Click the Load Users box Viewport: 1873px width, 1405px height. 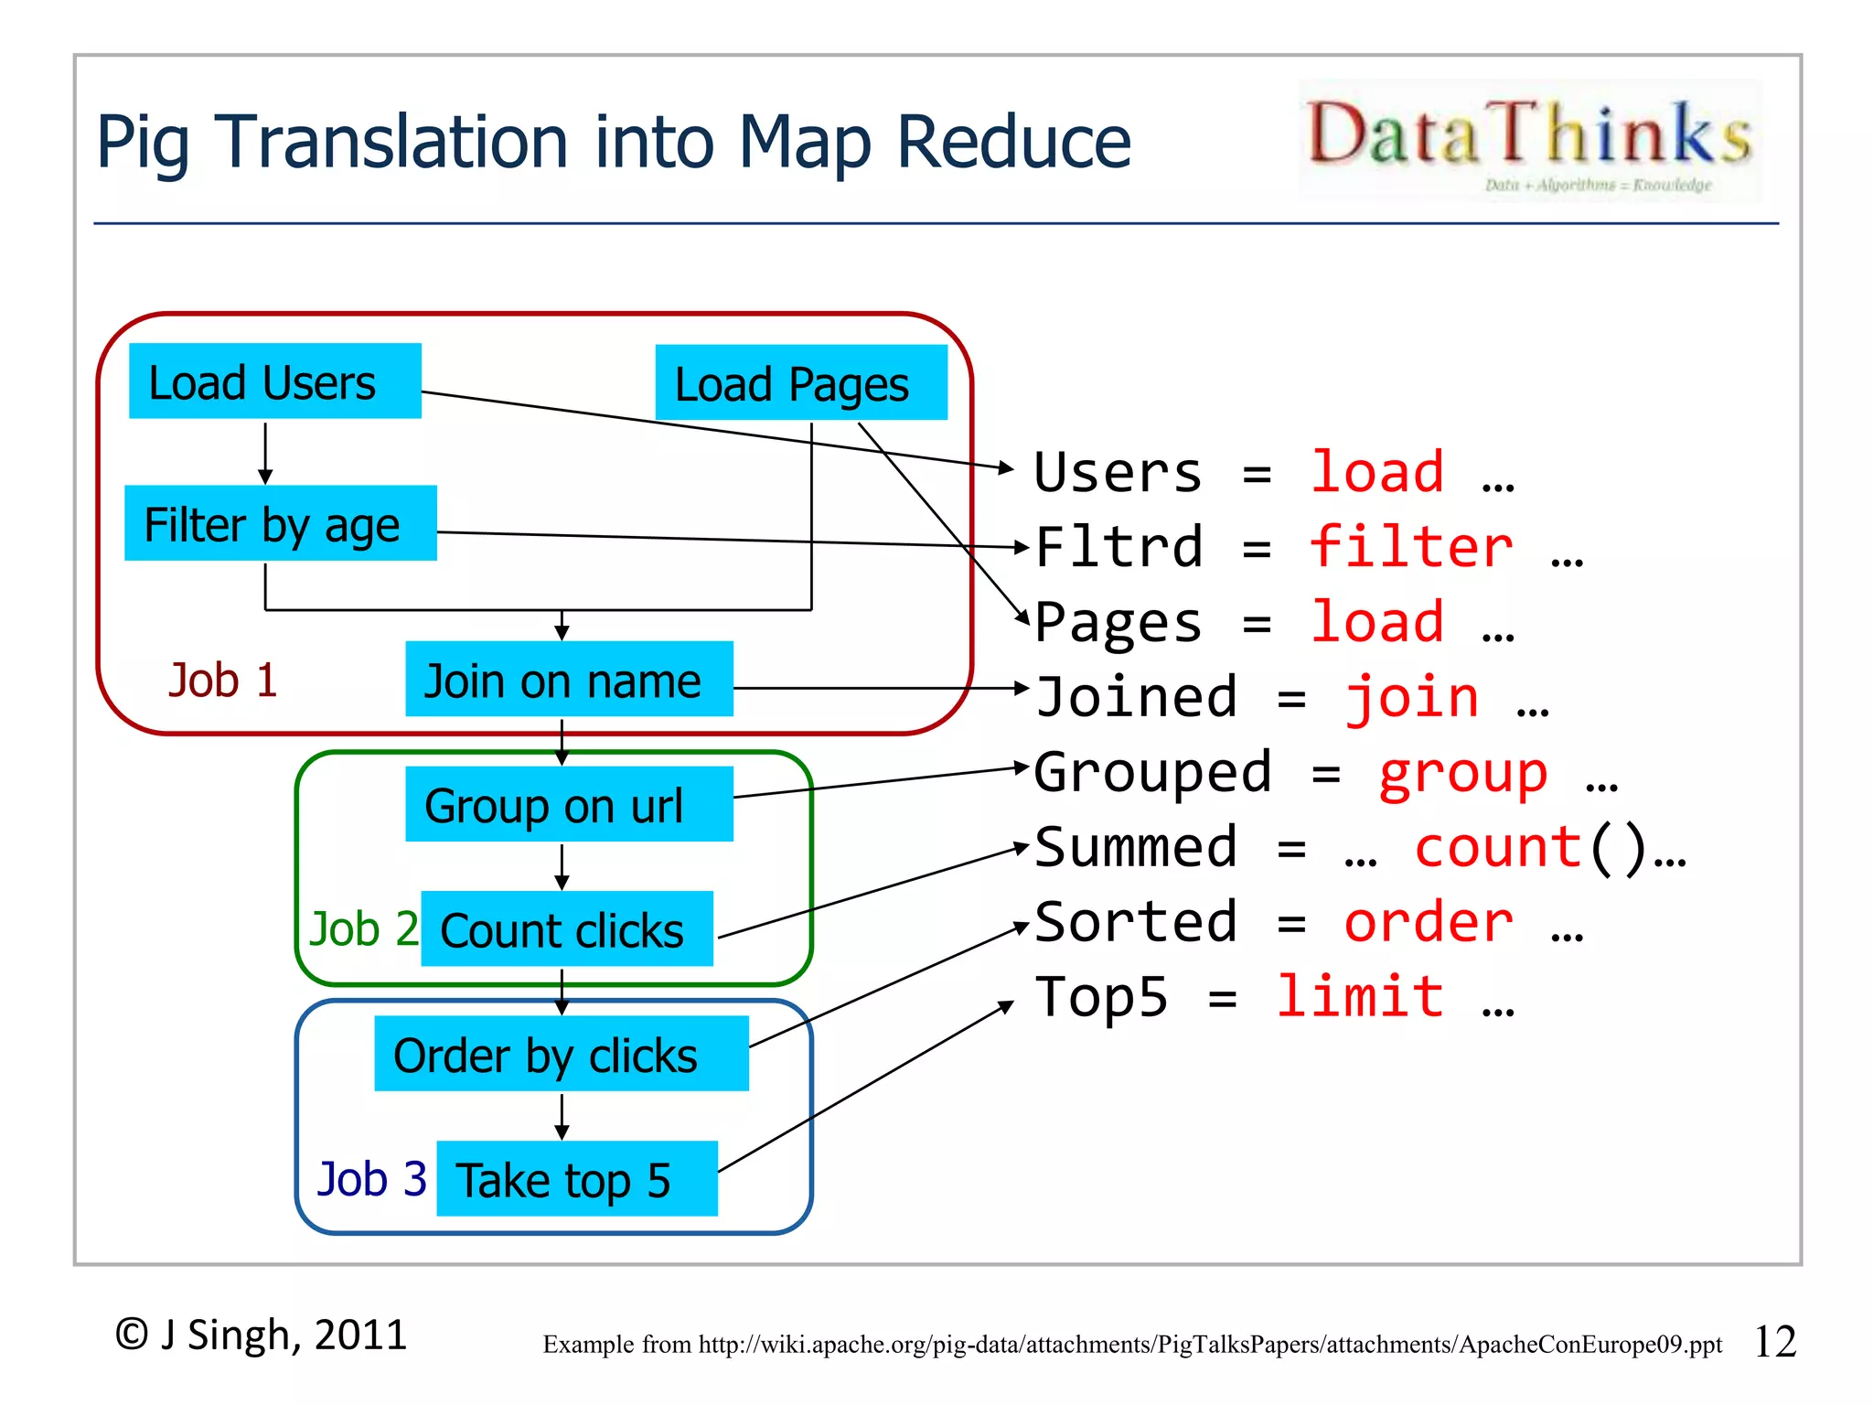pyautogui.click(x=274, y=381)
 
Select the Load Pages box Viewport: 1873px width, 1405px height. pyautogui.click(x=800, y=383)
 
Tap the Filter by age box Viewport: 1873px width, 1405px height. pyautogui.click(x=280, y=523)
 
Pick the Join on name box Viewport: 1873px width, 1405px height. pyautogui.click(x=569, y=680)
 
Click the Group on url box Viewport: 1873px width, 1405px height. pyautogui.click(x=569, y=805)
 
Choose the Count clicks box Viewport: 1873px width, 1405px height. pyautogui.click(x=566, y=929)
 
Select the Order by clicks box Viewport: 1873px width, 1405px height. pyautogui.click(x=561, y=1054)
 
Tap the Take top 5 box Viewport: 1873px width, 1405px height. pyautogui.click(x=576, y=1179)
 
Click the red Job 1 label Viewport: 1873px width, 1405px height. pyautogui.click(x=222, y=681)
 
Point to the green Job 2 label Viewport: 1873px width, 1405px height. pyautogui.click(x=363, y=929)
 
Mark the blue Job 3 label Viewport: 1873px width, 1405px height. pyautogui.click(x=371, y=1179)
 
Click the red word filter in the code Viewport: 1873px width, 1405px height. pyautogui.click(x=1411, y=547)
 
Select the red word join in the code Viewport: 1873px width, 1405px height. pyautogui.click(x=1411, y=697)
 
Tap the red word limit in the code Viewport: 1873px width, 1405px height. pyautogui.click(x=1360, y=996)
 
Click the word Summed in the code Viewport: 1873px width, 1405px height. pyautogui.click(x=1136, y=847)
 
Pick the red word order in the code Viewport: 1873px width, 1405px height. pyautogui.click(x=1428, y=922)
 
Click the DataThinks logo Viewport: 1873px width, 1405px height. pyautogui.click(x=1529, y=142)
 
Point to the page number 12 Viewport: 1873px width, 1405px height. pyautogui.click(x=1774, y=1342)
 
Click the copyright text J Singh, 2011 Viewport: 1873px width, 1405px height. pyautogui.click(x=262, y=1335)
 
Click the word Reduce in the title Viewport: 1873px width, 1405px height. pyautogui.click(x=1013, y=142)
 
